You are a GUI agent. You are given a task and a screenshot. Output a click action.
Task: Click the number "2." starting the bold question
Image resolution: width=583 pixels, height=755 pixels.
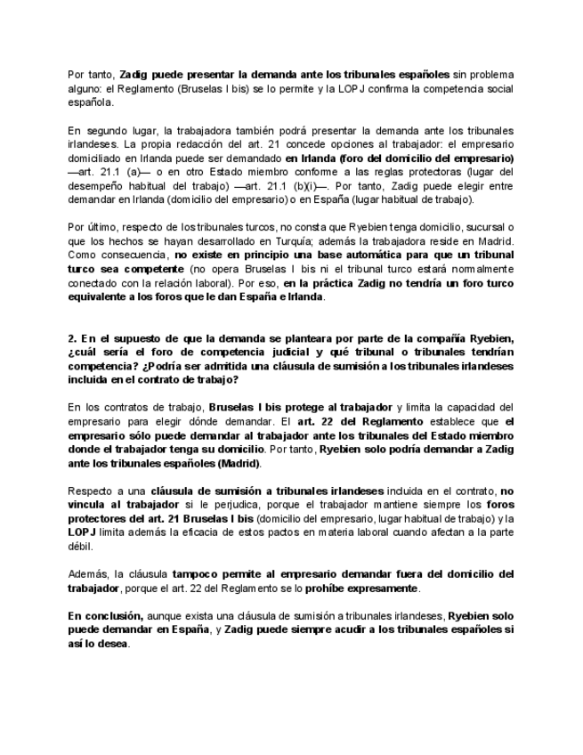72,338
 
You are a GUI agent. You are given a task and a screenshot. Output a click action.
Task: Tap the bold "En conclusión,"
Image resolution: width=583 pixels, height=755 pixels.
106,616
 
